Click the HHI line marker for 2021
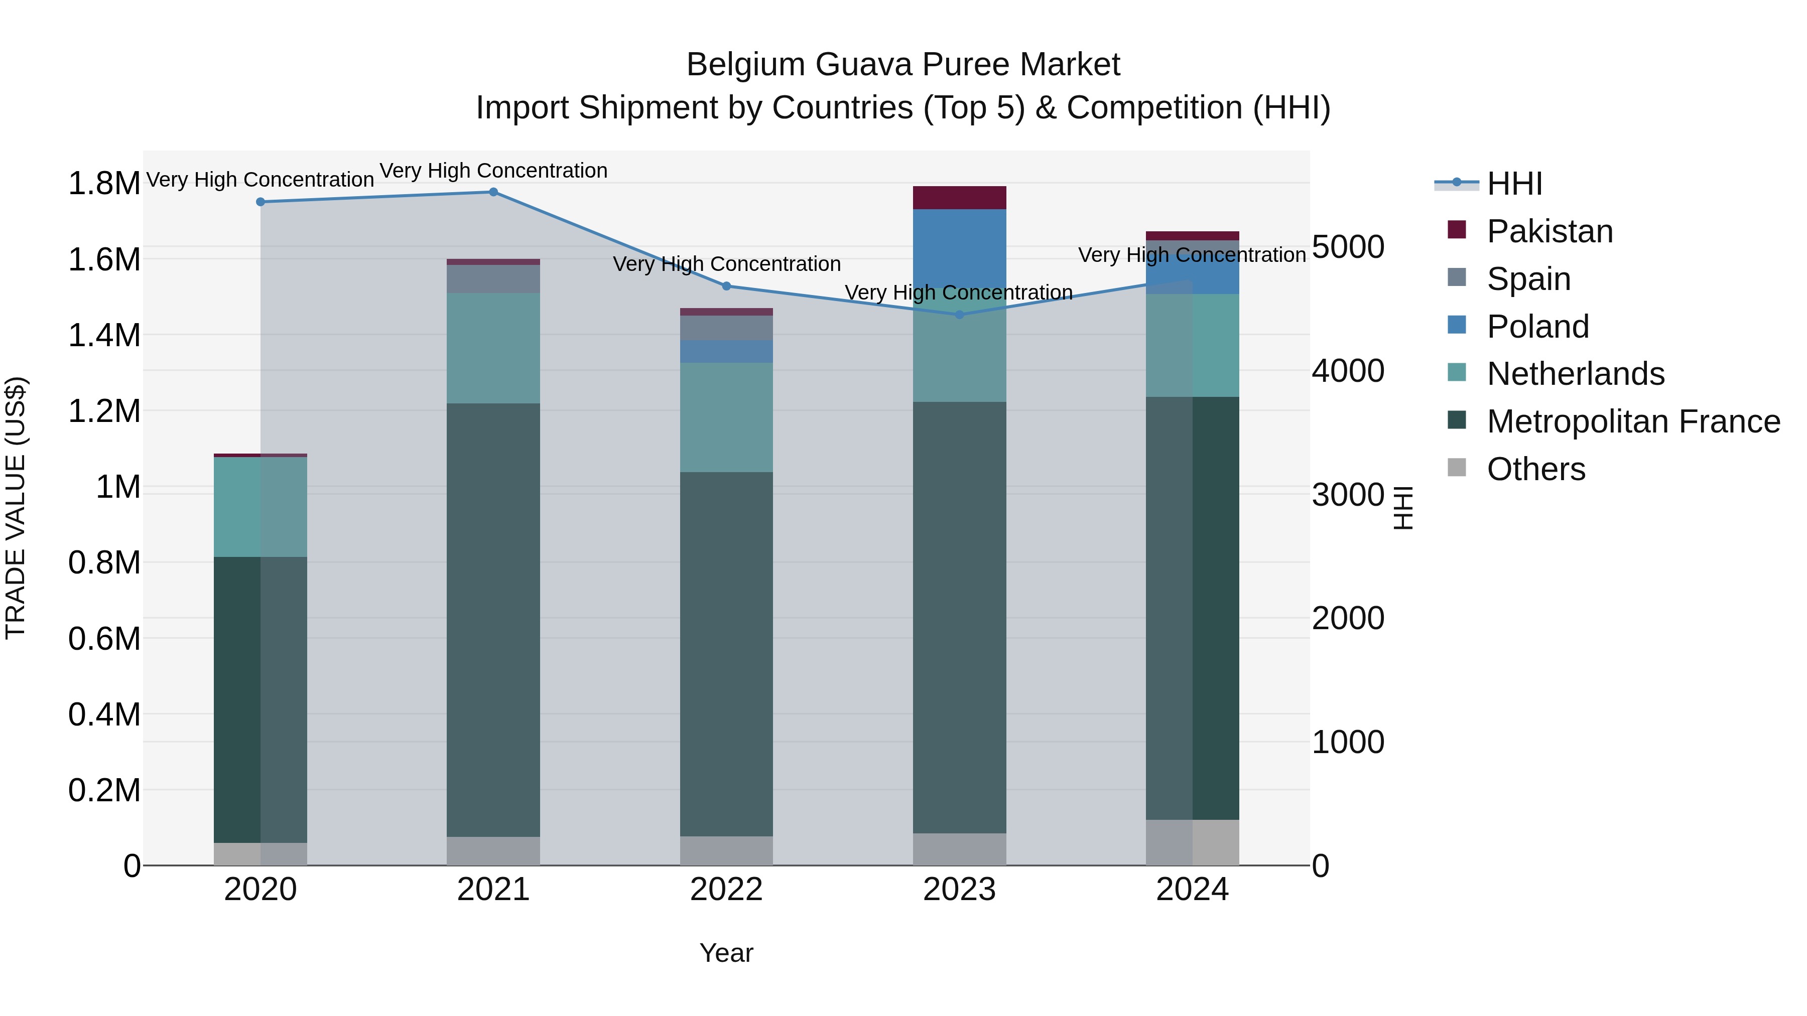point(493,192)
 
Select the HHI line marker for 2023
point(960,315)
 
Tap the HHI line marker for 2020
point(260,202)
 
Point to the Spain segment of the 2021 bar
point(493,278)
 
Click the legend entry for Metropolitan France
point(1633,421)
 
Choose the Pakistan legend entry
point(1550,231)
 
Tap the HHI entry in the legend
point(1514,184)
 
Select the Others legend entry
point(1535,469)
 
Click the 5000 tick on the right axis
point(1348,247)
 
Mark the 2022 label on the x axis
point(726,890)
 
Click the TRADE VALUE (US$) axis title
point(16,508)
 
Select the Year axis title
point(726,953)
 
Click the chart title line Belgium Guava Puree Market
point(903,65)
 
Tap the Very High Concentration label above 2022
point(727,264)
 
